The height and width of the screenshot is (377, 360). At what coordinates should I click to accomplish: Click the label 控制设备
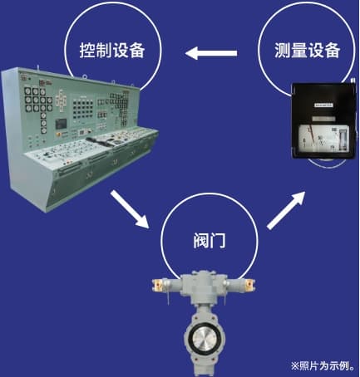(x=112, y=50)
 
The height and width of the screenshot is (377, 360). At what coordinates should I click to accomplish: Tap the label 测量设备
(x=307, y=50)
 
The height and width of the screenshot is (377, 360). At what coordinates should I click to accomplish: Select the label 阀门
(x=210, y=240)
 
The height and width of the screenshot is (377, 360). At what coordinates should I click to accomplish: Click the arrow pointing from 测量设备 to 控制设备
(x=211, y=53)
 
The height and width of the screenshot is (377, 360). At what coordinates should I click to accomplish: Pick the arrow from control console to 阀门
(x=130, y=209)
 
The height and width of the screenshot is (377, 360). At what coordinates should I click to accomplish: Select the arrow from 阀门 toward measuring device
(x=286, y=210)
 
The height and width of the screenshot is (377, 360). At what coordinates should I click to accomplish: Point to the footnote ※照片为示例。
(x=323, y=366)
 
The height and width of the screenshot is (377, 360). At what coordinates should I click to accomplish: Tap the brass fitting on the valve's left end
(x=158, y=284)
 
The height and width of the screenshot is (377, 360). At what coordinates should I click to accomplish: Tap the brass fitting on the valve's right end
(x=249, y=284)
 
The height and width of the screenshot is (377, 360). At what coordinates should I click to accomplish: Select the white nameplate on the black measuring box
(x=323, y=105)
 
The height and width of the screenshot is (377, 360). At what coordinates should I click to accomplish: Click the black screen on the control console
(x=61, y=124)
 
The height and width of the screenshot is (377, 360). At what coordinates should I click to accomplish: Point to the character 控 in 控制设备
(x=87, y=50)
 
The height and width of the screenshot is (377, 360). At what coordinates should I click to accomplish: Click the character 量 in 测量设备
(x=298, y=50)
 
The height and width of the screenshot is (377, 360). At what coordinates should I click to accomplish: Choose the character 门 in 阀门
(x=218, y=240)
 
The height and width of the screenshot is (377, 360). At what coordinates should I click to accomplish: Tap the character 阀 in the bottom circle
(x=201, y=240)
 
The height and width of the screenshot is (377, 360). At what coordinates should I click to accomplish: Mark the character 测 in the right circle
(x=283, y=50)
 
